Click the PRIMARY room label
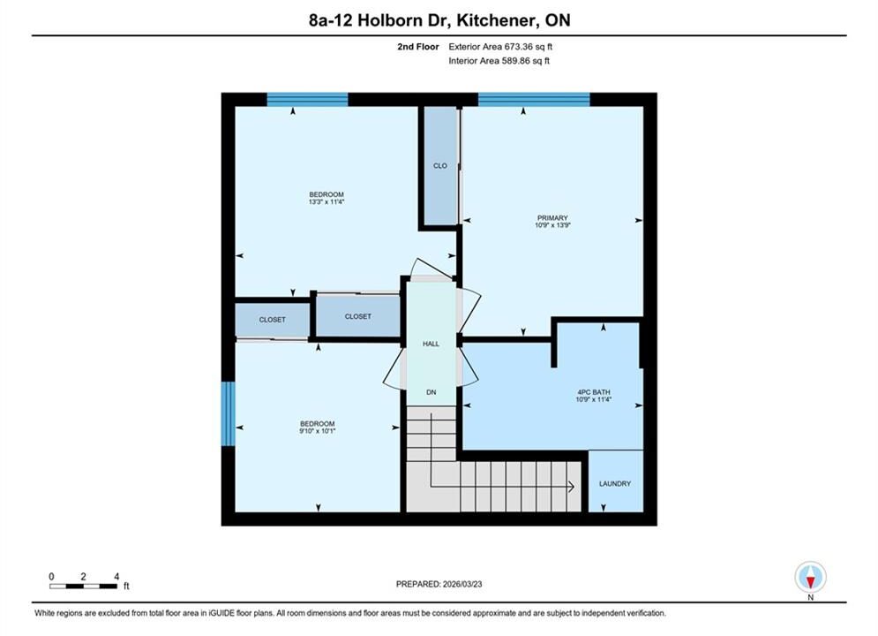pos(552,217)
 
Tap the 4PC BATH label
pos(594,392)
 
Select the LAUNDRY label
pos(615,483)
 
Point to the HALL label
pos(431,344)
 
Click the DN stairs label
pos(431,392)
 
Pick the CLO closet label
pos(440,166)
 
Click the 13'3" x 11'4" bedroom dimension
pos(326,201)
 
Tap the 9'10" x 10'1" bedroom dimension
pos(318,431)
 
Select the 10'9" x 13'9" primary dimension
pos(552,224)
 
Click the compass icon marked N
pos(810,577)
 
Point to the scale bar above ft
pos(84,587)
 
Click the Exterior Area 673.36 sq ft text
pos(500,47)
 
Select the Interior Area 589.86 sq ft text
pos(499,61)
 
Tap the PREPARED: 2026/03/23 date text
pos(439,584)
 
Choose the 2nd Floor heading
pos(418,47)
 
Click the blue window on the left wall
pos(228,414)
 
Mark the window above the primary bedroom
pos(534,100)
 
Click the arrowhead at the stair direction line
pos(571,487)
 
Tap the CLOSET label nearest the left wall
pos(272,320)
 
